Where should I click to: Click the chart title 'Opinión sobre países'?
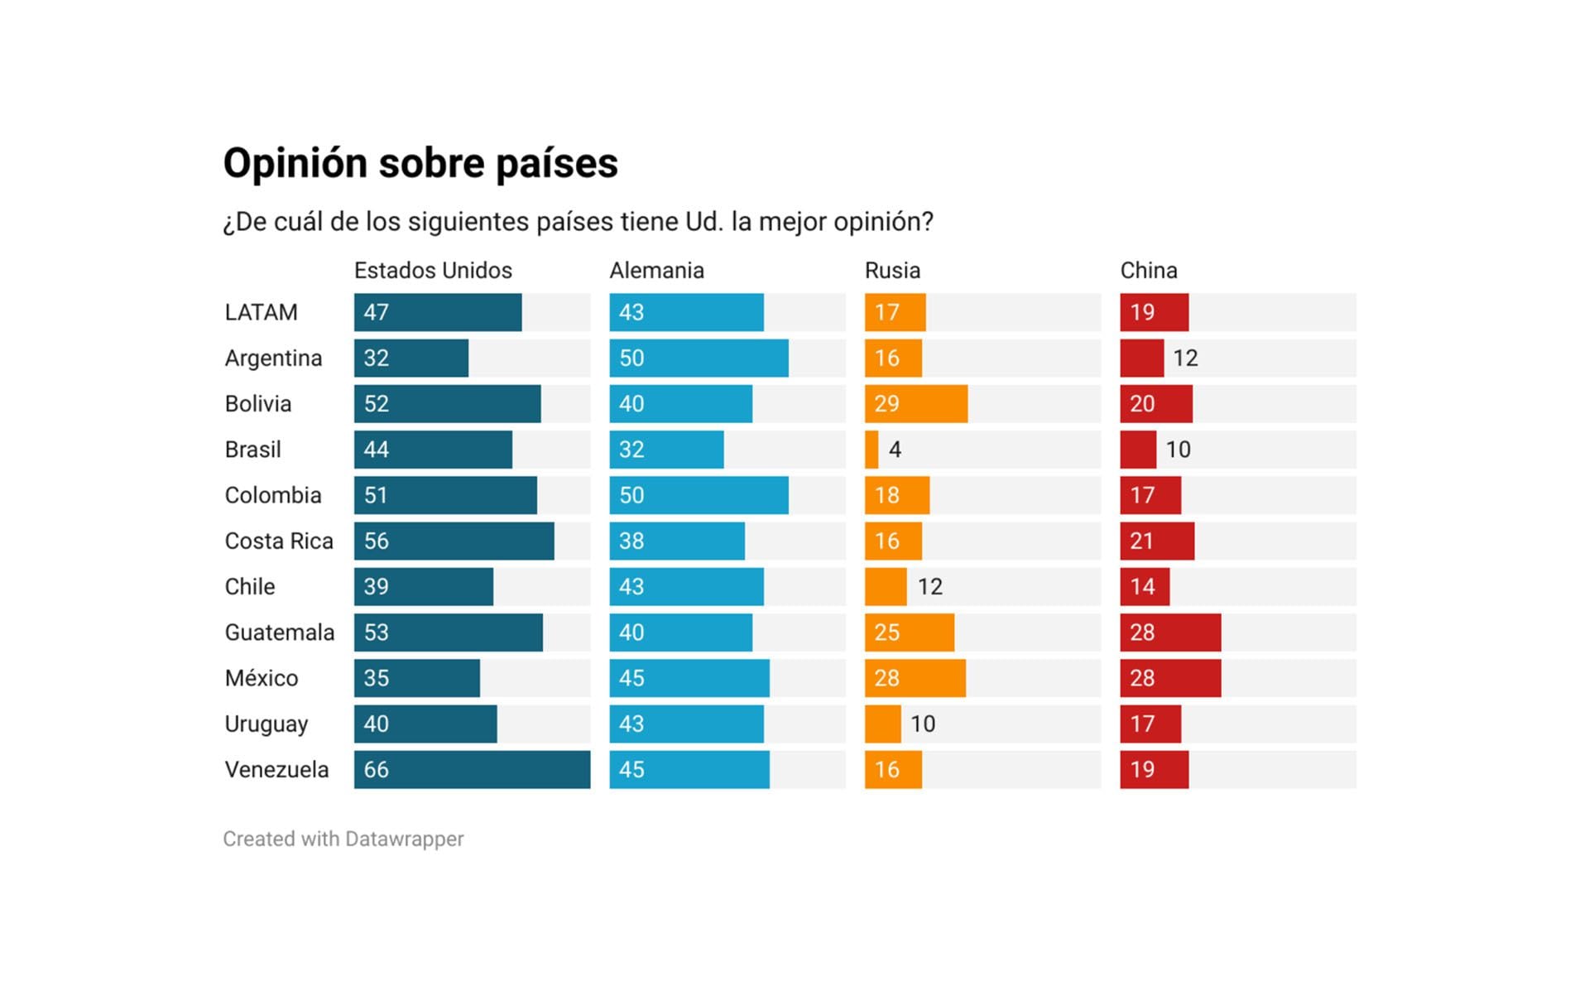coord(420,163)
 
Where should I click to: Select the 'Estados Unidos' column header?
coord(433,271)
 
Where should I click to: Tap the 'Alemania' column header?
coord(656,271)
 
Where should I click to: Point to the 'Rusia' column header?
coord(892,271)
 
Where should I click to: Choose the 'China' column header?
coord(1149,271)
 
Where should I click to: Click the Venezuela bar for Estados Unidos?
coord(472,770)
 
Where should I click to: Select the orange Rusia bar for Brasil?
coord(871,450)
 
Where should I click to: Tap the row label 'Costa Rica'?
coord(279,541)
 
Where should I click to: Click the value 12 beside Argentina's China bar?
coord(1185,358)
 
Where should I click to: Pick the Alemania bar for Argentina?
coord(698,358)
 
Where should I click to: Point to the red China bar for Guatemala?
coord(1170,633)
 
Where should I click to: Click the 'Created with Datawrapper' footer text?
coord(343,839)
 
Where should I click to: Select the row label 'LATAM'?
coord(261,313)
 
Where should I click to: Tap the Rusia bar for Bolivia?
coord(916,404)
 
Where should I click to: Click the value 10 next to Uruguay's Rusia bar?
coord(923,724)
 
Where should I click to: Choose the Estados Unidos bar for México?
coord(416,678)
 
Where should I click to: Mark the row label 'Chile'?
coord(250,587)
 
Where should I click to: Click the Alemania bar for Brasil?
coord(666,450)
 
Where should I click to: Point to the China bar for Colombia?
coord(1150,495)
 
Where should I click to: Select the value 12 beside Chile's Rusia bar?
coord(929,587)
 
